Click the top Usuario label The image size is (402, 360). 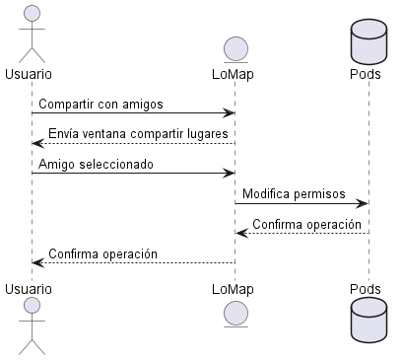(30, 74)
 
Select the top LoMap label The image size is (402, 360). (234, 74)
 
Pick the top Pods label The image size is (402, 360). (368, 74)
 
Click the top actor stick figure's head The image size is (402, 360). (31, 13)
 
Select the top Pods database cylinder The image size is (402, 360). (368, 41)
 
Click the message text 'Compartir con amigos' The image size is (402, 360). (100, 104)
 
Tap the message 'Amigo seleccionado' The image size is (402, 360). (96, 164)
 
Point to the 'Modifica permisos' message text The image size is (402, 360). (293, 194)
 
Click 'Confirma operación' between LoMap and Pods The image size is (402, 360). (306, 224)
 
